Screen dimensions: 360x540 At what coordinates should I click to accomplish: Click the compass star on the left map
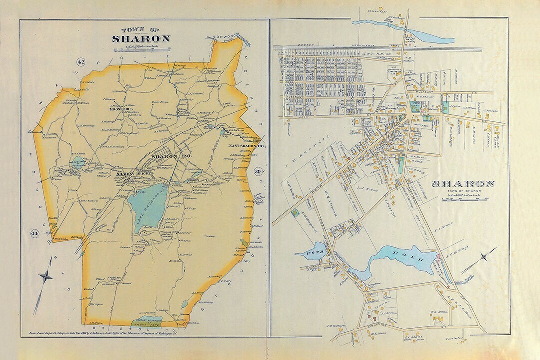click(x=46, y=275)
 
